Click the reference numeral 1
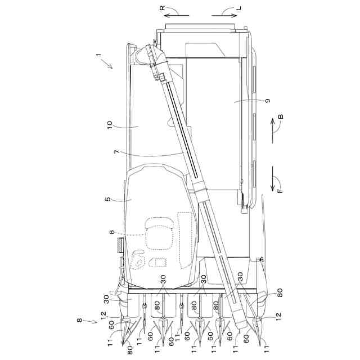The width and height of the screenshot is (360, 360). point(98,55)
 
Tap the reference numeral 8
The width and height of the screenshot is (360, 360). point(79,320)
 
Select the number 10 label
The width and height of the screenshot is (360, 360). point(110,125)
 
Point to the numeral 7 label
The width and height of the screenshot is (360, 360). point(116,152)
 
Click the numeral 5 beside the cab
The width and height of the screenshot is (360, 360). point(107,199)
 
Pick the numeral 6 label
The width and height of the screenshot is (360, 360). point(112,232)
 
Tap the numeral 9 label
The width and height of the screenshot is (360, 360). point(268,101)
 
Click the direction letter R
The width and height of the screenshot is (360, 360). point(162,8)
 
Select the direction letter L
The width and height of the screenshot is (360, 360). point(239,8)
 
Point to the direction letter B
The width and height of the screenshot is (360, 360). point(281,116)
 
